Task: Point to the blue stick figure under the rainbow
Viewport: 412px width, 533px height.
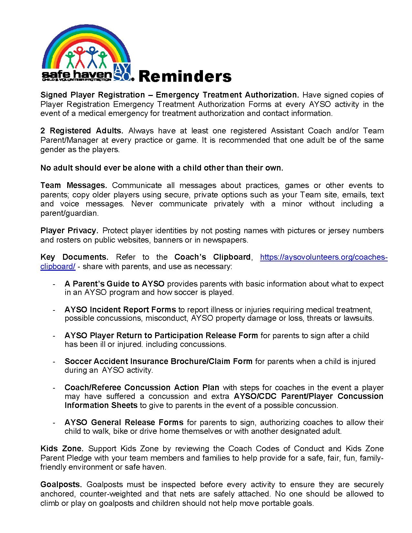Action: point(93,56)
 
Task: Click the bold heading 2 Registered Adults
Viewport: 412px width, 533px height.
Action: point(82,131)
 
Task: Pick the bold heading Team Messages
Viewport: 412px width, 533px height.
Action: point(74,185)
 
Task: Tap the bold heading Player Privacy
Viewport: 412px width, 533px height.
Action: point(69,231)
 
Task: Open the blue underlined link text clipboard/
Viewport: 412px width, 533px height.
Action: point(58,266)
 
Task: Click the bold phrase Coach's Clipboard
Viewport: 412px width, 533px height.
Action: point(212,257)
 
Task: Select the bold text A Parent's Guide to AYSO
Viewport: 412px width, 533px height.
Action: point(114,284)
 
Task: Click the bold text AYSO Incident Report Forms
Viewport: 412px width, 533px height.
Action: point(120,309)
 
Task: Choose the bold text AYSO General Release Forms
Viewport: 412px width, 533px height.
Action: point(124,422)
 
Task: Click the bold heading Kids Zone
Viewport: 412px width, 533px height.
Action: point(62,449)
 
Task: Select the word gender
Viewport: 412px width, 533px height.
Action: point(52,150)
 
